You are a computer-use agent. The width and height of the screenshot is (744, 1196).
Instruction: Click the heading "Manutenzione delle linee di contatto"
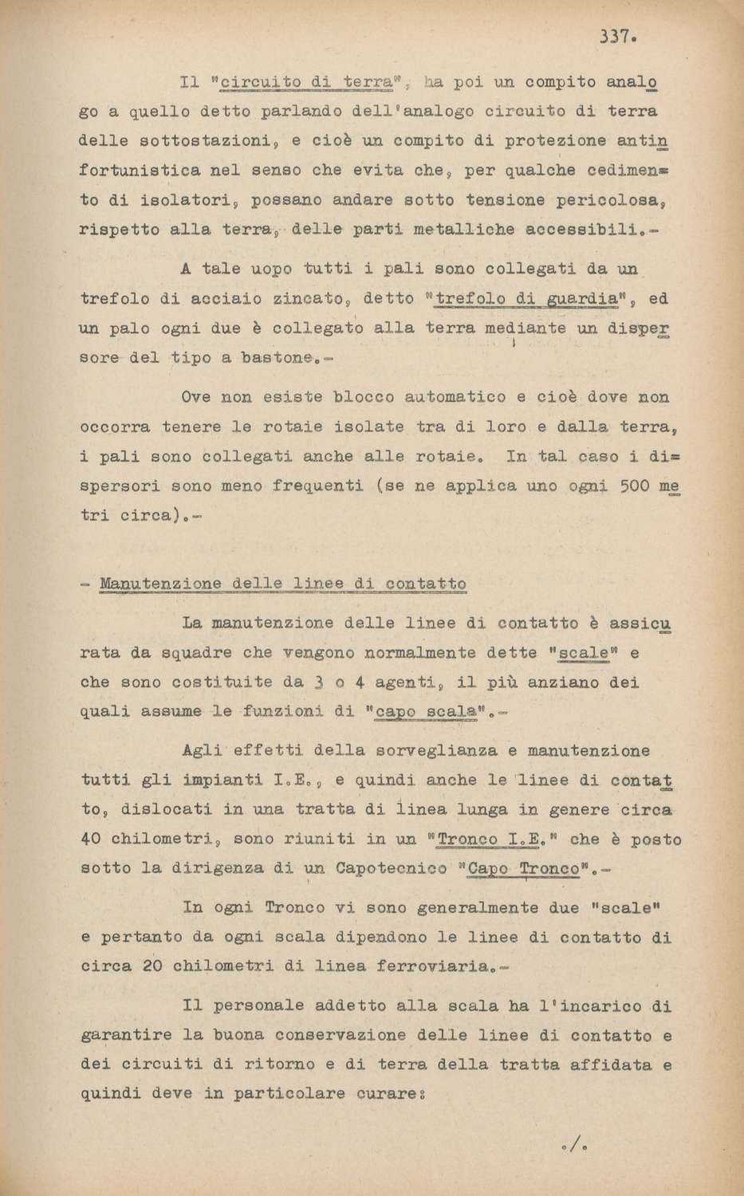[x=282, y=584]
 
